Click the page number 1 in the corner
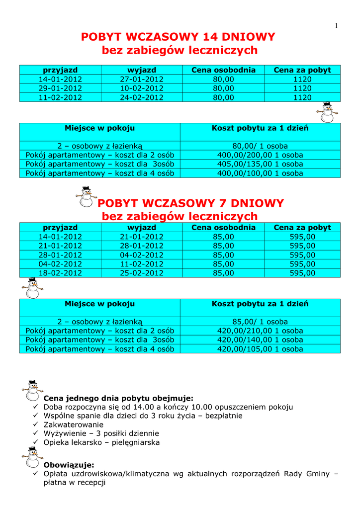click(336, 26)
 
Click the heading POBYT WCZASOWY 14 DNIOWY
click(178, 37)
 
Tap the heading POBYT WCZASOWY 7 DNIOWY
click(190, 203)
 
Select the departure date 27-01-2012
click(142, 80)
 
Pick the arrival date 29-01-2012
click(60, 88)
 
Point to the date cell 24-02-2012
click(142, 97)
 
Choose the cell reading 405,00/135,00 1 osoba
click(260, 164)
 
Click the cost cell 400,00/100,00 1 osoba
click(260, 173)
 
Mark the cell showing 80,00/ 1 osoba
click(260, 146)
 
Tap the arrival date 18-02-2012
click(60, 273)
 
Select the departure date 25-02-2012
click(142, 273)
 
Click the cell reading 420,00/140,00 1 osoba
click(260, 340)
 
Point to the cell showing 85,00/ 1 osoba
click(260, 322)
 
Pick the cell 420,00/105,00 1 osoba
click(260, 349)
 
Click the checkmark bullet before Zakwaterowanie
click(35, 425)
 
